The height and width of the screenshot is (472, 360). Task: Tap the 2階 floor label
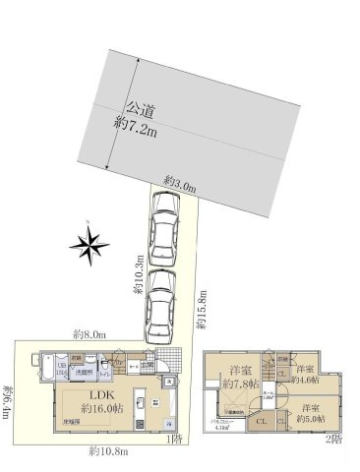click(x=335, y=438)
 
